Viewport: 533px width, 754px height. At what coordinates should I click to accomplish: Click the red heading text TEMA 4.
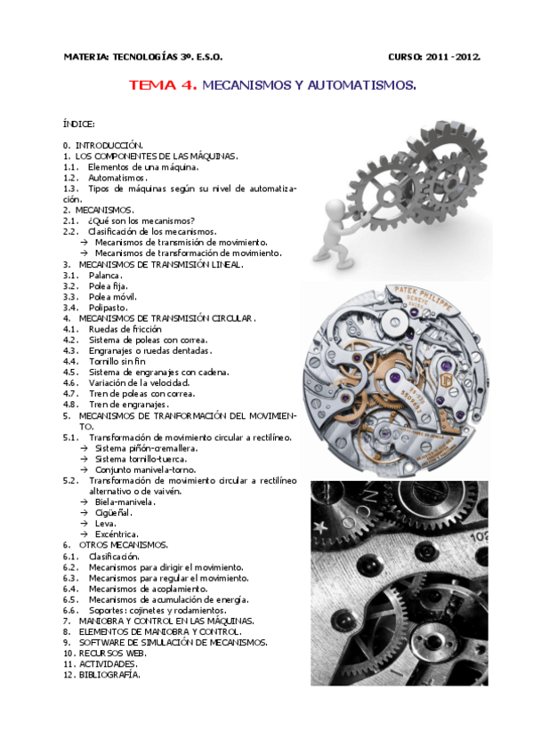[163, 85]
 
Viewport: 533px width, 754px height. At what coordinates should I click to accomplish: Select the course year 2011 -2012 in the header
[453, 57]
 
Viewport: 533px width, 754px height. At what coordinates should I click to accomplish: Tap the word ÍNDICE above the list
[78, 124]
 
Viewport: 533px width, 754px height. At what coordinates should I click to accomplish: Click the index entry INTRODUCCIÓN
[109, 145]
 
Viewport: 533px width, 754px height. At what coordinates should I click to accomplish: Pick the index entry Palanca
[105, 276]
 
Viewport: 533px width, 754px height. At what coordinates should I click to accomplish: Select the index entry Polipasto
[109, 308]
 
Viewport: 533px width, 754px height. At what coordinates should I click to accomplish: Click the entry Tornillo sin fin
[117, 361]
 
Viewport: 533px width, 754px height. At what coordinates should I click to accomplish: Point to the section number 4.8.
[70, 405]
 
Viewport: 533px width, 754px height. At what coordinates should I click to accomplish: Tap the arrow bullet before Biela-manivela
[85, 502]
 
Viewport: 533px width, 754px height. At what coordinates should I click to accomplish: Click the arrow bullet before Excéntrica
[85, 534]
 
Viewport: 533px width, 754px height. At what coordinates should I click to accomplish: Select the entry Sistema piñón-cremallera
[146, 448]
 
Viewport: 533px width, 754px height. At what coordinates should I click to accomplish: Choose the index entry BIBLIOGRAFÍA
[109, 675]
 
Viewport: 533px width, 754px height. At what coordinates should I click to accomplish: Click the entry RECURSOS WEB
[113, 653]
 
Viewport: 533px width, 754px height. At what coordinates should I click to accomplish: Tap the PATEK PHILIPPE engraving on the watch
[424, 299]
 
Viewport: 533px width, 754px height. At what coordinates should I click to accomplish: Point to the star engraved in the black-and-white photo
[320, 527]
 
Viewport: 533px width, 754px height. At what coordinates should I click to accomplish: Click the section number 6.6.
[70, 610]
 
